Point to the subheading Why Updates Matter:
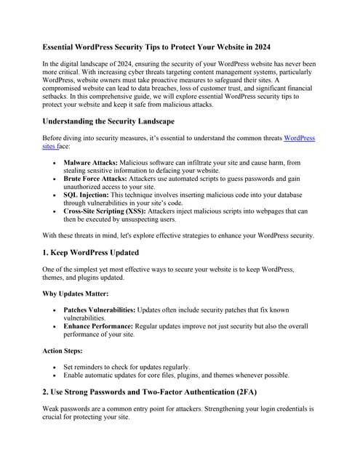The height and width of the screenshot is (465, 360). coord(76,295)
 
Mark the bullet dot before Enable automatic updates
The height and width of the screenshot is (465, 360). coord(56,376)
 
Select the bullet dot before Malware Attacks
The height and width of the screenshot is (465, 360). coord(56,163)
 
